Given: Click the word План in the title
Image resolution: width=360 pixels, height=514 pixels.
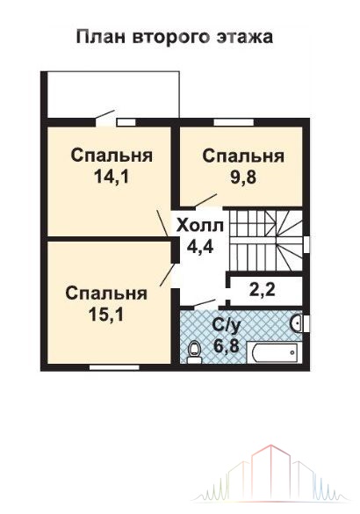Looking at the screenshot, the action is (x=100, y=37).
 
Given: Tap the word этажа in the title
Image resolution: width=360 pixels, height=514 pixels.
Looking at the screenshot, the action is (x=244, y=38).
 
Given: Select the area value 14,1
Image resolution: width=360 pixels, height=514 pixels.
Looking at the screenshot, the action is (x=112, y=177).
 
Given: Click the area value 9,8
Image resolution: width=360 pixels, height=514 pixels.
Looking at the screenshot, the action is (x=242, y=178).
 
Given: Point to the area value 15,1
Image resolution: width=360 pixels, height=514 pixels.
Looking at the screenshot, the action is (x=106, y=315).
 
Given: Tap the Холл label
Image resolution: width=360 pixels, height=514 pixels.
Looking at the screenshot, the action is (x=200, y=226).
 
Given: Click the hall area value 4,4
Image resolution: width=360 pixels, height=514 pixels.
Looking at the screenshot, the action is (x=200, y=247).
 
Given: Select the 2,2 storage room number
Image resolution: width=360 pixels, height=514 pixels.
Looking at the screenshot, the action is (x=262, y=290).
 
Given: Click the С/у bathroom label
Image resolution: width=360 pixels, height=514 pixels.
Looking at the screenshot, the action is (x=227, y=325).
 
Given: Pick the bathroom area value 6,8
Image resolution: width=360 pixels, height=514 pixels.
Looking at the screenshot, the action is (x=226, y=345).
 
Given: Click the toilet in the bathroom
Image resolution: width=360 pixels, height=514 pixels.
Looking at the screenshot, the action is (x=195, y=351).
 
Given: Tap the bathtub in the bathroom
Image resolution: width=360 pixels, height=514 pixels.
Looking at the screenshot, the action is (x=272, y=352).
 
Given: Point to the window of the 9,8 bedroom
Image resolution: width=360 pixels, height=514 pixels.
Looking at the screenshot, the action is (x=234, y=123).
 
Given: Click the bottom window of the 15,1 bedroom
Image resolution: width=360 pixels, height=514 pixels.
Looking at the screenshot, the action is (x=114, y=367).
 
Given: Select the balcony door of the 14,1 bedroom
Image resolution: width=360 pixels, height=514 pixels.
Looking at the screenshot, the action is (x=104, y=115).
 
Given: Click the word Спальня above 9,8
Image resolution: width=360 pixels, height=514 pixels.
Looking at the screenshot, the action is (x=243, y=156).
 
